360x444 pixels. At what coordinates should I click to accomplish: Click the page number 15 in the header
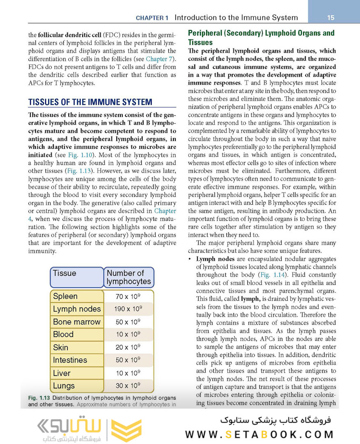pyautogui.click(x=331, y=18)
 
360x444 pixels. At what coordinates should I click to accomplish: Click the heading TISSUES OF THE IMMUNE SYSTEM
pyautogui.click(x=90, y=102)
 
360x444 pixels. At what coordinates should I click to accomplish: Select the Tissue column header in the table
pyautogui.click(x=65, y=273)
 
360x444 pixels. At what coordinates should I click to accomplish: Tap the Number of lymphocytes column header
pyautogui.click(x=129, y=277)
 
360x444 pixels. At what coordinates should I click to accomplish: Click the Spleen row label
pyautogui.click(x=65, y=296)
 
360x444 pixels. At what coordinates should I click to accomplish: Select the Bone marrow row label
pyautogui.click(x=76, y=322)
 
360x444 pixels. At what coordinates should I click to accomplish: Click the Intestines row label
pyautogui.click(x=70, y=360)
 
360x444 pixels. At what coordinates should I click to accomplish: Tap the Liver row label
pyautogui.click(x=62, y=373)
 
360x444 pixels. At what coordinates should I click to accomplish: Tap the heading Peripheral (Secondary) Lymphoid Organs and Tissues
pyautogui.click(x=261, y=37)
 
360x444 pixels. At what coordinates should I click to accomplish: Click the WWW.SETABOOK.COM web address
pyautogui.click(x=259, y=435)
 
